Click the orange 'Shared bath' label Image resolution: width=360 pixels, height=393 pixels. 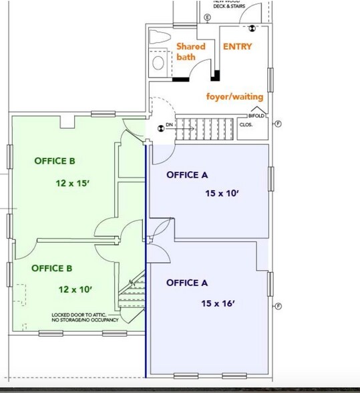click(190, 52)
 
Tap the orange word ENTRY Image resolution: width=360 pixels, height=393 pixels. click(237, 47)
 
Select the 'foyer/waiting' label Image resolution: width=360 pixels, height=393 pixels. click(234, 96)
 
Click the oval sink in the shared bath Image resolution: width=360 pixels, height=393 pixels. click(159, 63)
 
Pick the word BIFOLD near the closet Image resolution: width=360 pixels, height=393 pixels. click(257, 116)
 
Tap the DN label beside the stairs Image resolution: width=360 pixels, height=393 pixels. click(170, 125)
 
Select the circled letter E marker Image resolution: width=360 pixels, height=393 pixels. click(207, 17)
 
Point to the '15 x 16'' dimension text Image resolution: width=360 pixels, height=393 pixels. click(218, 303)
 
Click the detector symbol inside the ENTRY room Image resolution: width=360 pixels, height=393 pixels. click(253, 28)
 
